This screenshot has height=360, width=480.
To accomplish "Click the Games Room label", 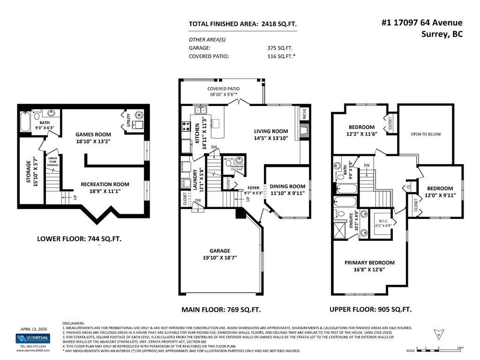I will click(93, 134).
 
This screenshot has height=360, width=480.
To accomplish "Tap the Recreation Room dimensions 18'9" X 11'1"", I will click(105, 192).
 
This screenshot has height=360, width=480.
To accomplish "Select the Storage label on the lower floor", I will click(30, 172).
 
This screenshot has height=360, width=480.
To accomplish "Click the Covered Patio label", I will click(223, 89).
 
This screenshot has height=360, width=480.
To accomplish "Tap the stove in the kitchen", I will click(185, 126).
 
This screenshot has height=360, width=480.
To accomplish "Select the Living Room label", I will click(271, 131).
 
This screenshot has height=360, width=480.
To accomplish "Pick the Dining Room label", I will click(287, 186).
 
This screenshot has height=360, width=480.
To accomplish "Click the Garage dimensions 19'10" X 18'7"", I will click(217, 257).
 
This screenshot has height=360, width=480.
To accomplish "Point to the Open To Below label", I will click(426, 134).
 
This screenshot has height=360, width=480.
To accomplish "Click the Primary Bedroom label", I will click(369, 262).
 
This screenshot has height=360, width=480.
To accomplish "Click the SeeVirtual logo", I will click(32, 338).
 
